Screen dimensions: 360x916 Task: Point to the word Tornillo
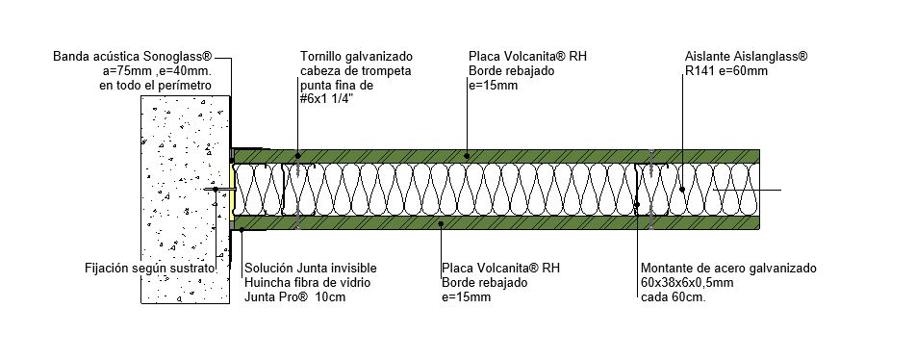click(322, 57)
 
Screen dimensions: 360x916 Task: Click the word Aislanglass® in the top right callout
click(765, 58)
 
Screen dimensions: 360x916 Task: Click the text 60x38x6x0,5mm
click(686, 283)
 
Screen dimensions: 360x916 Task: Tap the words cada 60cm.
click(672, 297)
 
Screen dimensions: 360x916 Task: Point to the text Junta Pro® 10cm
click(294, 297)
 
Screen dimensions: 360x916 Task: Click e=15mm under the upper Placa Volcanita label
click(493, 86)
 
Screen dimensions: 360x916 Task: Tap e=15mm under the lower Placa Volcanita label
click(466, 297)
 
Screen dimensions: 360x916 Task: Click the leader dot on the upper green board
click(468, 154)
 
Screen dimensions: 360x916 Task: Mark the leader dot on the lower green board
click(440, 223)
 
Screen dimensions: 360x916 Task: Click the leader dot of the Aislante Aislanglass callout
click(682, 190)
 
